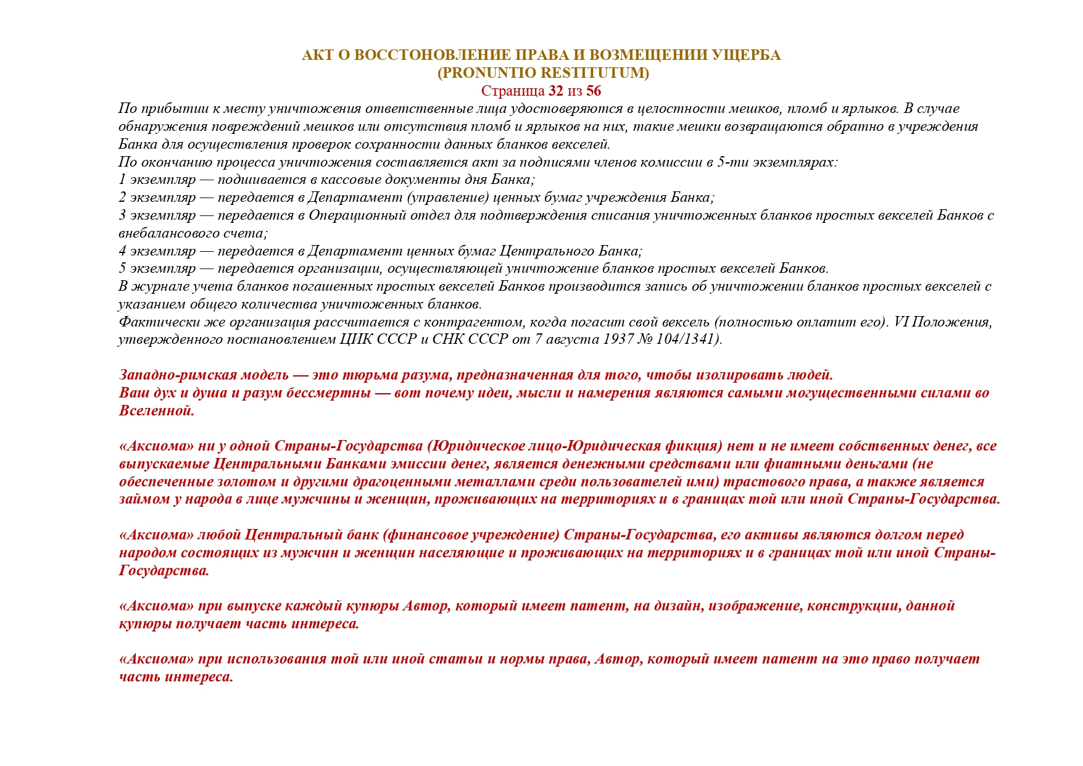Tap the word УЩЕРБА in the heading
(x=746, y=56)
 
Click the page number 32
(x=555, y=91)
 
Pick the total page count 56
(x=594, y=91)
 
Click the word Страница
(x=512, y=91)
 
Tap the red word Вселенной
(x=156, y=411)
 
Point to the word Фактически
(x=152, y=322)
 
